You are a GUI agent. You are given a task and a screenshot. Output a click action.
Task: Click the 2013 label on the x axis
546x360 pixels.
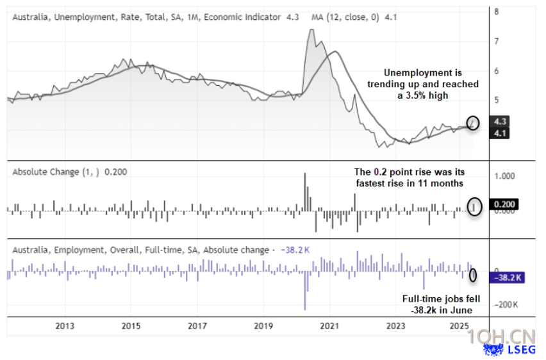point(65,326)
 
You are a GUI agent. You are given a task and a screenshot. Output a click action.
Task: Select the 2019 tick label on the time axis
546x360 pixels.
point(263,326)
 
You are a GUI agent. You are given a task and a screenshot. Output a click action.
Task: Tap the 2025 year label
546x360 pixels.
point(460,326)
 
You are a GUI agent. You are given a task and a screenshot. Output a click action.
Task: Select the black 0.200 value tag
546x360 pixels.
point(503,205)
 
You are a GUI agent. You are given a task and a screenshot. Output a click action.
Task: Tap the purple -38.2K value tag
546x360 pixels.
point(506,277)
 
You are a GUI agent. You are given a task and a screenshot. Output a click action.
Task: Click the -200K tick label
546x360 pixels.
point(506,304)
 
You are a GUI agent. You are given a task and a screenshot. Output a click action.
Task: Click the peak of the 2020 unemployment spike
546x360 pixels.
point(311,31)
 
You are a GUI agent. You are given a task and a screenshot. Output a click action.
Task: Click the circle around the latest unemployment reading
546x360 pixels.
point(473,122)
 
